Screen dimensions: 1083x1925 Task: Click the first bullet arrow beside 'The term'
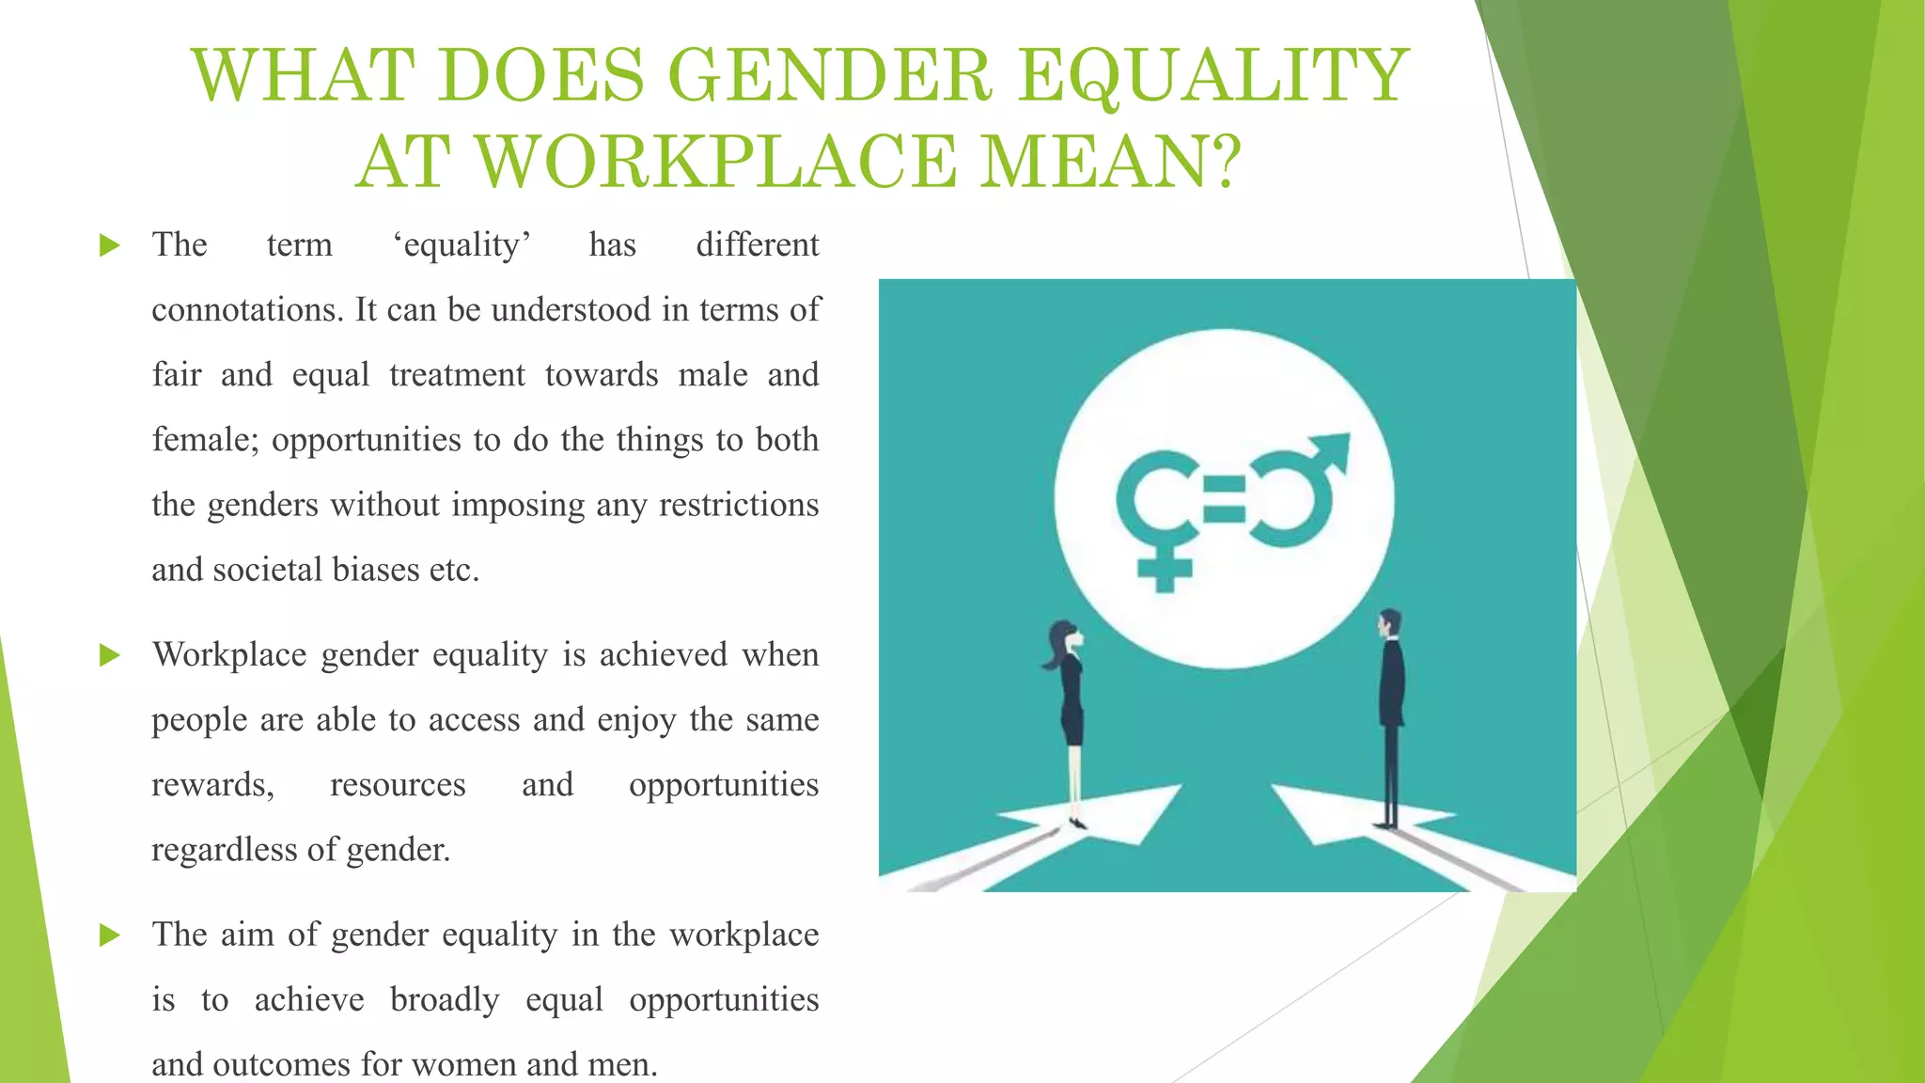(x=110, y=246)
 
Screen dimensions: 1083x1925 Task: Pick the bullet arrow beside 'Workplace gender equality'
(x=110, y=655)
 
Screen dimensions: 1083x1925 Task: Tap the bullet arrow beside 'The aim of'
(x=110, y=935)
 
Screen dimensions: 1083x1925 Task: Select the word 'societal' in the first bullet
(x=267, y=570)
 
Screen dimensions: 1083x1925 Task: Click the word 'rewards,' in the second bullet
(x=212, y=785)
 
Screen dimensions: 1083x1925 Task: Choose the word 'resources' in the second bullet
(x=398, y=785)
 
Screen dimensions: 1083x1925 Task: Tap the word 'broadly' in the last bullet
(x=445, y=999)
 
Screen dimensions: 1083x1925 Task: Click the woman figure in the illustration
(x=1070, y=714)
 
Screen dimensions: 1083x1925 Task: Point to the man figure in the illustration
(x=1390, y=714)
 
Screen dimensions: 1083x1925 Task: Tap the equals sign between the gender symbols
(x=1224, y=500)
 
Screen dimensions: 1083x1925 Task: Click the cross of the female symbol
(x=1165, y=569)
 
